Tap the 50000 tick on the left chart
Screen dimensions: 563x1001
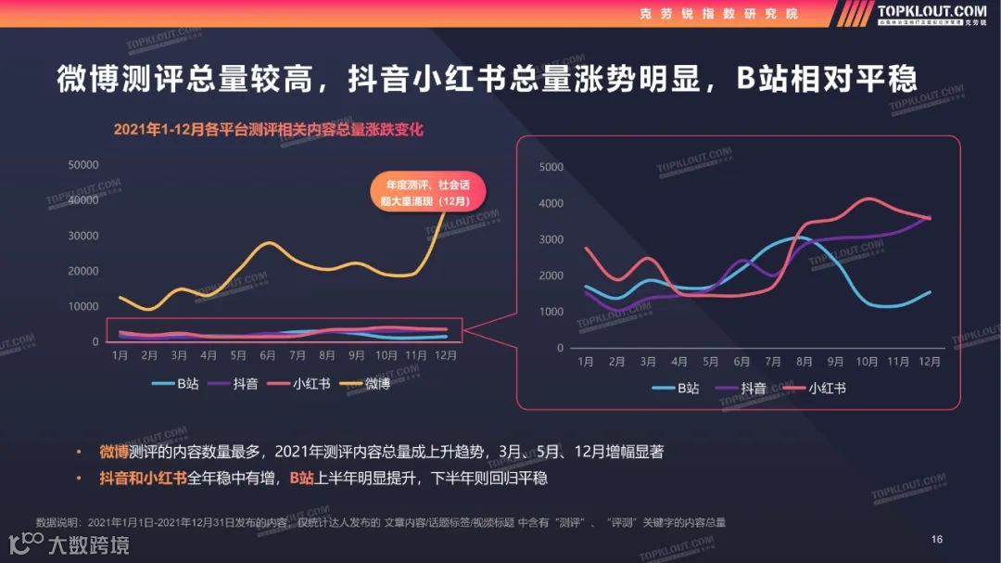83,165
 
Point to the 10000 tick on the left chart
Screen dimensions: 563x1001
83,307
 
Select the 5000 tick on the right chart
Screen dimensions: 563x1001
551,167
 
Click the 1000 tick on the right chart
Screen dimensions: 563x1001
551,312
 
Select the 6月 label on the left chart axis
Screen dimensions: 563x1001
268,355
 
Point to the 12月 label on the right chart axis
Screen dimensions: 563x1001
930,361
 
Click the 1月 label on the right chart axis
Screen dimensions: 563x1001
585,361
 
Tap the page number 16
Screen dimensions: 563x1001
936,540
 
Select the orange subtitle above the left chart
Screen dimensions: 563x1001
268,130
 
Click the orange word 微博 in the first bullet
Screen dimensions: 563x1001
115,452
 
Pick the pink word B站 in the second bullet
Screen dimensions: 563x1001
301,479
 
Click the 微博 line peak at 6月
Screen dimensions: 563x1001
268,243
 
